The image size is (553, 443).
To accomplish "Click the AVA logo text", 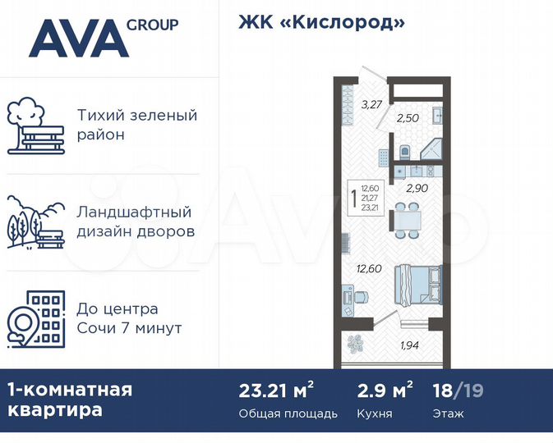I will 79,38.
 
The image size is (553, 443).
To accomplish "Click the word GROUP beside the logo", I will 152,25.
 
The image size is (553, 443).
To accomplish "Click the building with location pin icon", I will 35,319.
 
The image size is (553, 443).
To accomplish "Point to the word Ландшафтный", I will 134,212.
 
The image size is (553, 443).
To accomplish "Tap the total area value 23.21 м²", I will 276,390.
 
